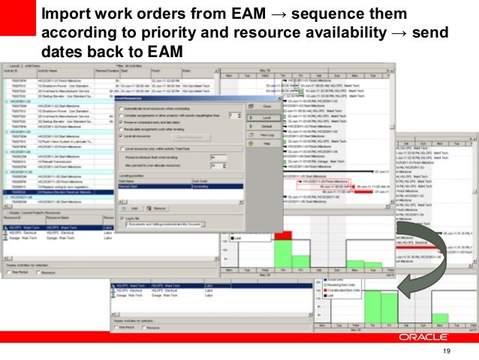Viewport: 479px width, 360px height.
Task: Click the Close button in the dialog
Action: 264,107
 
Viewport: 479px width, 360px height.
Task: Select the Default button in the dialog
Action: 264,126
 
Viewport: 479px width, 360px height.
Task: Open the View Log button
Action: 264,136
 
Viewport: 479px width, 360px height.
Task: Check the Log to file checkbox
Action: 122,218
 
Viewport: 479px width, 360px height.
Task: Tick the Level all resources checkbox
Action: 122,136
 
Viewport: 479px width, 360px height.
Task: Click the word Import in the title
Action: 65,14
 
